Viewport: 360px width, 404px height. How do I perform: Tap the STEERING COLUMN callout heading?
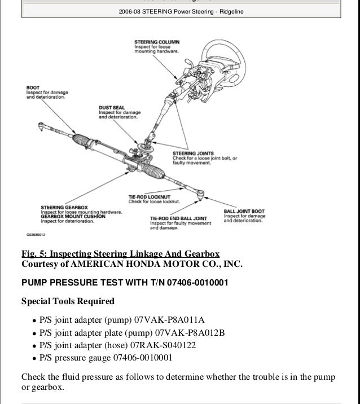155,42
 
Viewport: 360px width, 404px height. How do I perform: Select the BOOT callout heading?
33,87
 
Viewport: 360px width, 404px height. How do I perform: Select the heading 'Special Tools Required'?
68,301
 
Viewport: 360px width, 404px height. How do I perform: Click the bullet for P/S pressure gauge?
35,357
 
